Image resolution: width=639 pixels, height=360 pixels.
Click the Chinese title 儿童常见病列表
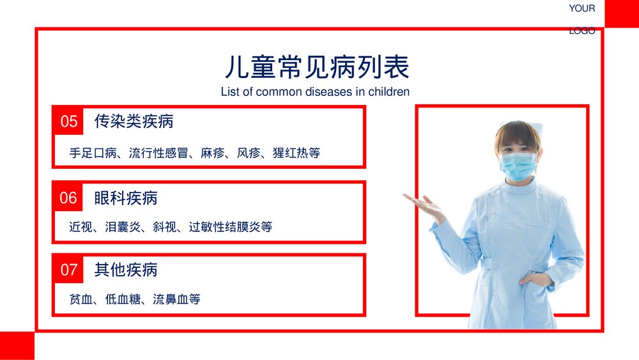pos(317,67)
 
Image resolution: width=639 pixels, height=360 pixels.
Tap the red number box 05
pos(68,121)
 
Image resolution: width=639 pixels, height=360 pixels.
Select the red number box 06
pos(68,198)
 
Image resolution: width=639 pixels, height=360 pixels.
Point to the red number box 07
pos(68,270)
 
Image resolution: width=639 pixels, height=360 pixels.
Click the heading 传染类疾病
pos(134,121)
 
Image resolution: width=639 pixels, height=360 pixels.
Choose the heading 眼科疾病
pos(126,198)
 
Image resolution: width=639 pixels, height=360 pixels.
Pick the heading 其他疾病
pos(126,270)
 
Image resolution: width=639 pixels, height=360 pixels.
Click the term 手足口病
pos(93,153)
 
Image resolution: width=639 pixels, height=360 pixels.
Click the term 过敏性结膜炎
pos(224,226)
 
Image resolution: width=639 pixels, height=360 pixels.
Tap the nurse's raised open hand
pos(424,207)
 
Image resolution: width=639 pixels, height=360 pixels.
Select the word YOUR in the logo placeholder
pos(581,8)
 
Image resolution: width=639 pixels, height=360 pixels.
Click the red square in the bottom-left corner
pos(17,345)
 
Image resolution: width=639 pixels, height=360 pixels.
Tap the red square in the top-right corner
pos(622,13)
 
